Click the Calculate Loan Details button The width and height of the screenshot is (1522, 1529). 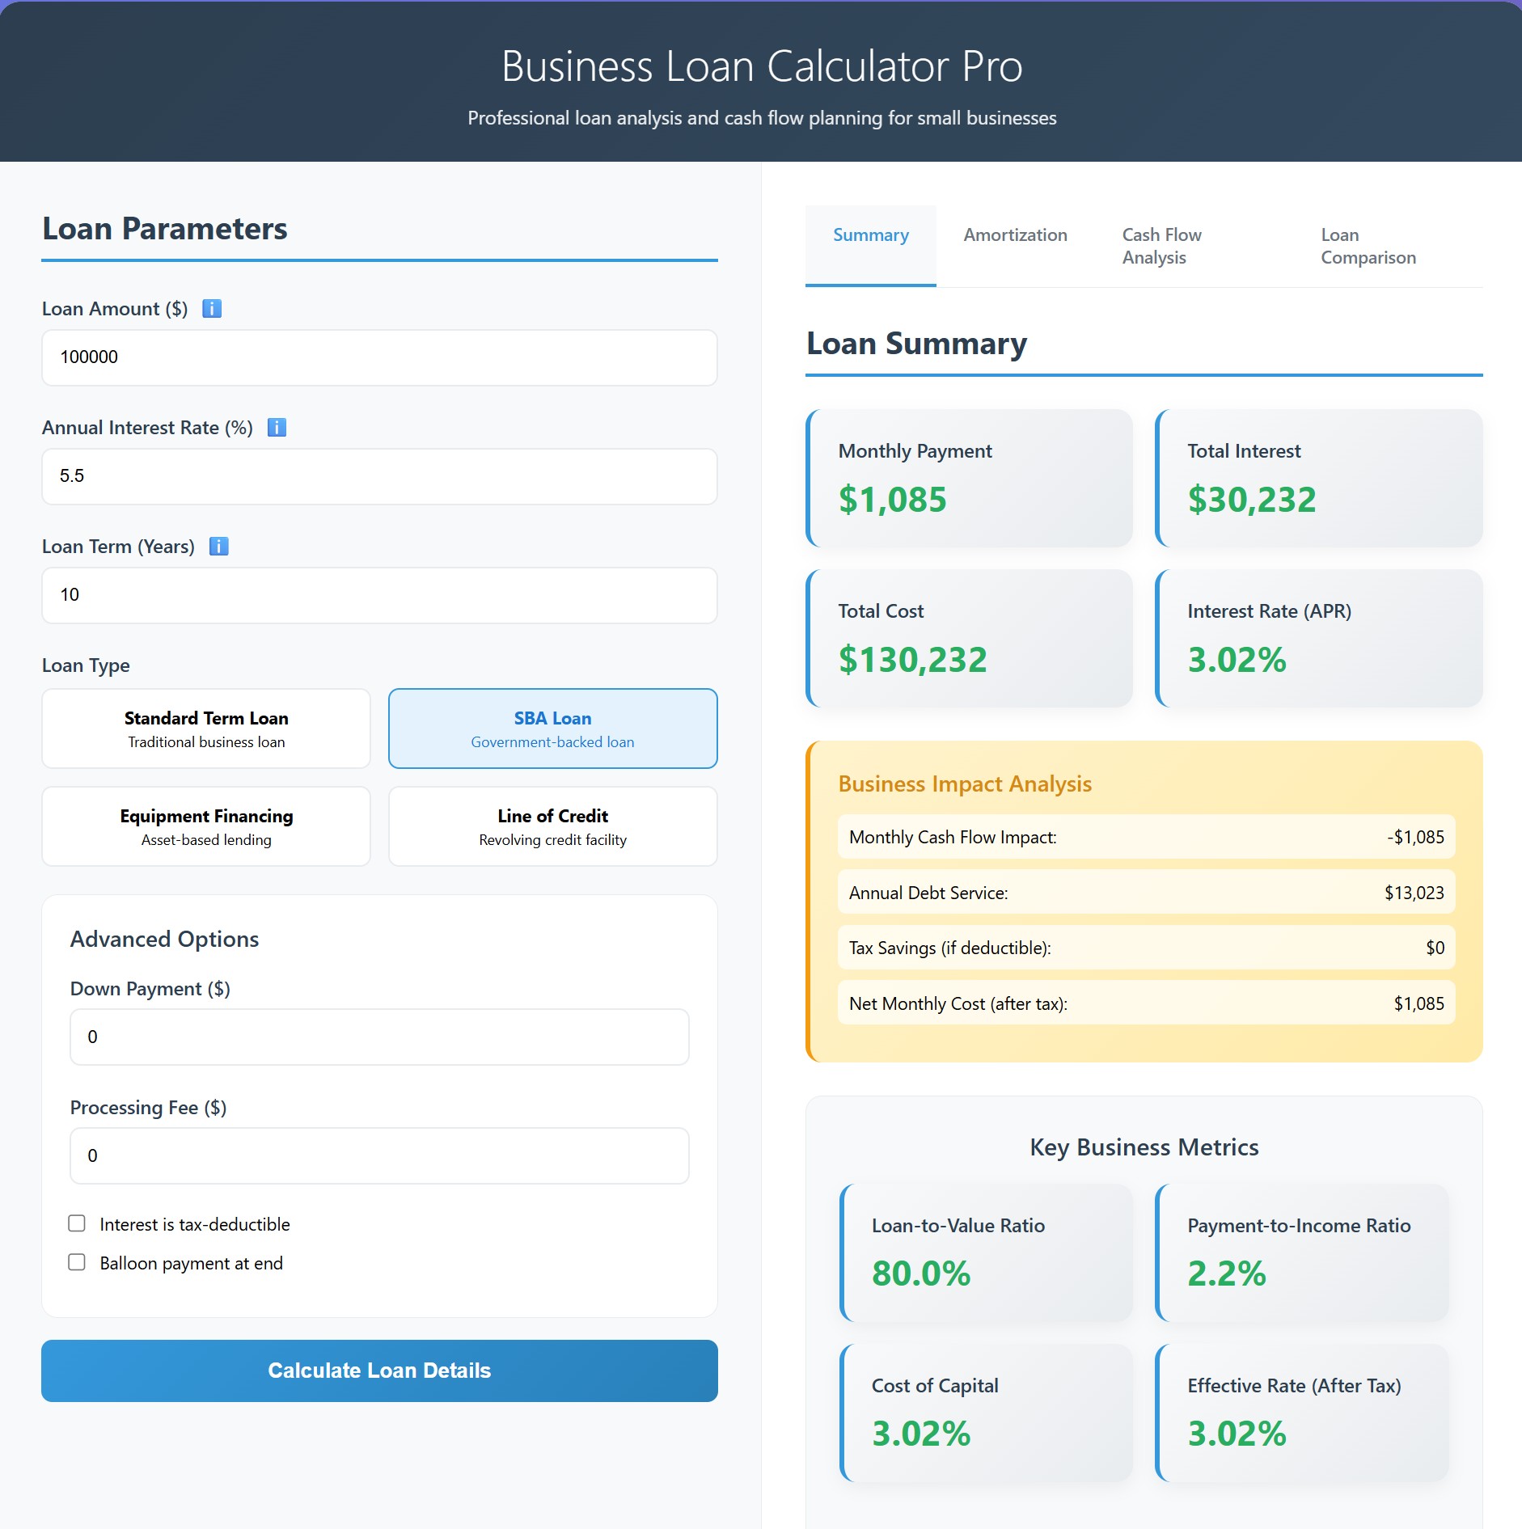[x=379, y=1371]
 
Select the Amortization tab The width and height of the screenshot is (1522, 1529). [x=1015, y=235]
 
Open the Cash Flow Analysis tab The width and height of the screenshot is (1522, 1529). [x=1162, y=246]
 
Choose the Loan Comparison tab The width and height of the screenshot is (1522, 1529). [x=1368, y=246]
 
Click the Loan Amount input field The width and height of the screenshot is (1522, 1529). [x=379, y=357]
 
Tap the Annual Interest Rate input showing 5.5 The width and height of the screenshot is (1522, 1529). [x=379, y=476]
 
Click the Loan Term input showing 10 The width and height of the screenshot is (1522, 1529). [x=379, y=595]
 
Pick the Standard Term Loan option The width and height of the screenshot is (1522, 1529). [x=206, y=729]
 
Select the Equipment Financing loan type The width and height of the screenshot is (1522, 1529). [x=206, y=826]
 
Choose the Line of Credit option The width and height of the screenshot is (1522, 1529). [x=552, y=826]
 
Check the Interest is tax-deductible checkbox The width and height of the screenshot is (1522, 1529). [x=77, y=1223]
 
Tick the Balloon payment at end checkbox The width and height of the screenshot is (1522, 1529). [x=77, y=1262]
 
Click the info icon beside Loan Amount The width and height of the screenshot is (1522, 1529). [x=212, y=309]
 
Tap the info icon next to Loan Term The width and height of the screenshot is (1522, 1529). [x=219, y=547]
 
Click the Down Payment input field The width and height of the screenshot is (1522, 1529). [x=379, y=1037]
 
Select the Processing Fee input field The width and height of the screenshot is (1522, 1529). [x=379, y=1155]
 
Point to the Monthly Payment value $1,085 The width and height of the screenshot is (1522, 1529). [x=892, y=500]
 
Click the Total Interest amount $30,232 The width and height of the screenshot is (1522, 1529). [x=1251, y=500]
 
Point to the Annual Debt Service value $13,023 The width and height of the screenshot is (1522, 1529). [x=1414, y=893]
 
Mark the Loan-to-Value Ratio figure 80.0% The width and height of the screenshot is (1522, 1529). [x=921, y=1273]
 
